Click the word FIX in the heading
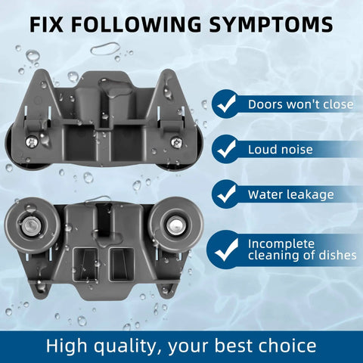coord(46,24)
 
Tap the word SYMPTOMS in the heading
coord(271,24)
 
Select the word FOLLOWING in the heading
coord(136,24)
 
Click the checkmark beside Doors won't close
coord(226,104)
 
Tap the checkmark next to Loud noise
coord(226,149)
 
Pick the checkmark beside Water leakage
coord(226,194)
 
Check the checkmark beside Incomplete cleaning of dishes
coord(227,250)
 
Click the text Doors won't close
coord(300,104)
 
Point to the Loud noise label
coord(281,150)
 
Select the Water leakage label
coord(291,195)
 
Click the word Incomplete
coord(281,244)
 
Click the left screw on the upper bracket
coord(32,142)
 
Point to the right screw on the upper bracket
coord(176,142)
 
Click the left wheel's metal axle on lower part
coord(30,225)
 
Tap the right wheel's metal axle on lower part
coord(175,225)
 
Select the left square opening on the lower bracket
coord(85,265)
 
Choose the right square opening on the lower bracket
coord(121,265)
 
